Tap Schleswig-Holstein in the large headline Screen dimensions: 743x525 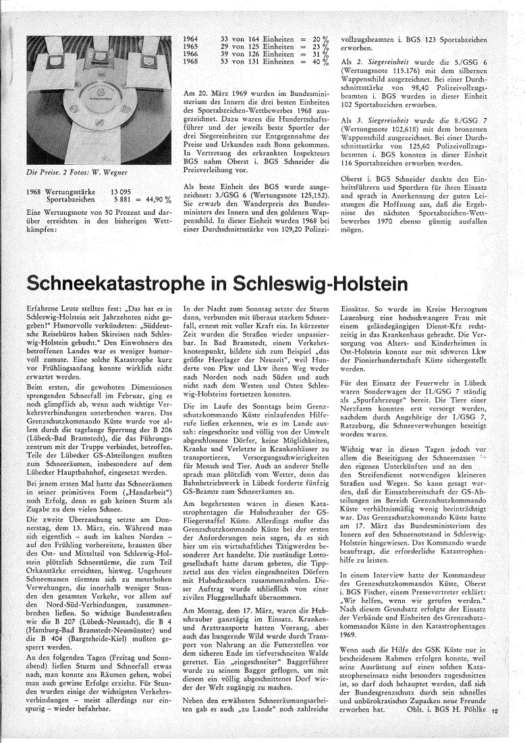click(358, 277)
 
